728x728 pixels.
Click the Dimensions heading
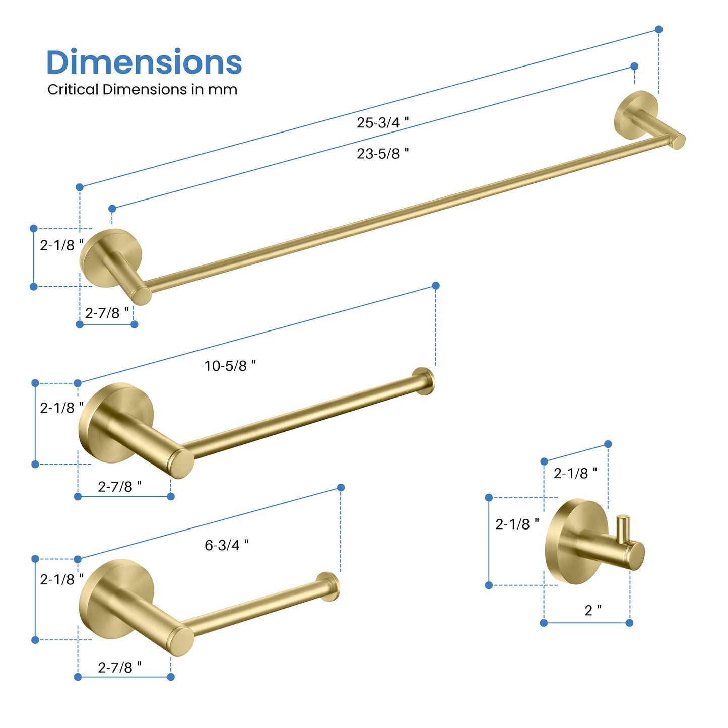(x=144, y=62)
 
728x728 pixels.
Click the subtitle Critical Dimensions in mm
(x=143, y=90)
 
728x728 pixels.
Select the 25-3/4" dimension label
(x=383, y=122)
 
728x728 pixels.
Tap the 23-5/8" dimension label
(x=383, y=153)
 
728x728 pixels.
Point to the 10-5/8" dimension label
(x=230, y=366)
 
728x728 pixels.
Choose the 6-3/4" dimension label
(x=227, y=545)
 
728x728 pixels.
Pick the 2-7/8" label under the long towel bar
(x=107, y=313)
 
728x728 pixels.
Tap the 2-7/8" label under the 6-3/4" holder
(x=120, y=668)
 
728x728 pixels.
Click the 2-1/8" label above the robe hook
(x=575, y=473)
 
